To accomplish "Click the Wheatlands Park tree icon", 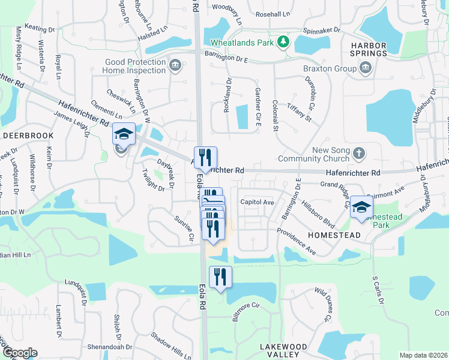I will click(x=283, y=42).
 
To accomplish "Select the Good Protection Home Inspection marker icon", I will click(x=175, y=65).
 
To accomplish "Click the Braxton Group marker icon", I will click(x=365, y=70).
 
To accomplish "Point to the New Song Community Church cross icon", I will click(x=358, y=154).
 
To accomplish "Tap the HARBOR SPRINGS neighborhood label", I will click(x=369, y=49).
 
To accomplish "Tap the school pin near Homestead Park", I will click(x=361, y=208).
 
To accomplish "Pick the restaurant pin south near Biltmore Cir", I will click(x=220, y=277).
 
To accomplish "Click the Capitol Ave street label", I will click(x=257, y=202).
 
